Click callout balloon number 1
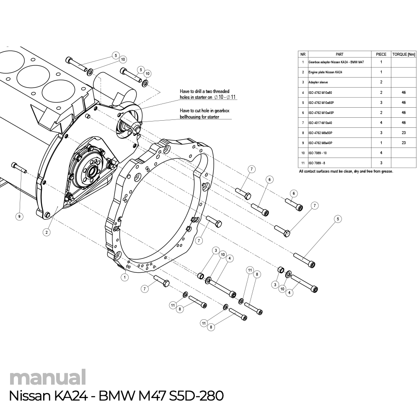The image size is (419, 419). pyautogui.click(x=124, y=277)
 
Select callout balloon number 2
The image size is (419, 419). pyautogui.click(x=47, y=232)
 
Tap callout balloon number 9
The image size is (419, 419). pyautogui.click(x=19, y=216)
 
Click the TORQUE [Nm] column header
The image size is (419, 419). pyautogui.click(x=403, y=54)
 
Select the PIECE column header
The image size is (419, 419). pyautogui.click(x=381, y=54)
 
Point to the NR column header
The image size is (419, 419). pyautogui.click(x=303, y=54)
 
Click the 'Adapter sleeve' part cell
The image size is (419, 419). pyautogui.click(x=318, y=83)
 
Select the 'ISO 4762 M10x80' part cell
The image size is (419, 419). pyautogui.click(x=320, y=93)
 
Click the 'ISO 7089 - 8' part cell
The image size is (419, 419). pyautogui.click(x=317, y=163)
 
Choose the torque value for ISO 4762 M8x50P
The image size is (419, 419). pyautogui.click(x=403, y=133)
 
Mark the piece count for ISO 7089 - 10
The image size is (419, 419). pyautogui.click(x=381, y=153)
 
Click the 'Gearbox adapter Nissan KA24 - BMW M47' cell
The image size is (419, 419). pyautogui.click(x=336, y=62)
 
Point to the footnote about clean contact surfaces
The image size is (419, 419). pyautogui.click(x=346, y=171)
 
